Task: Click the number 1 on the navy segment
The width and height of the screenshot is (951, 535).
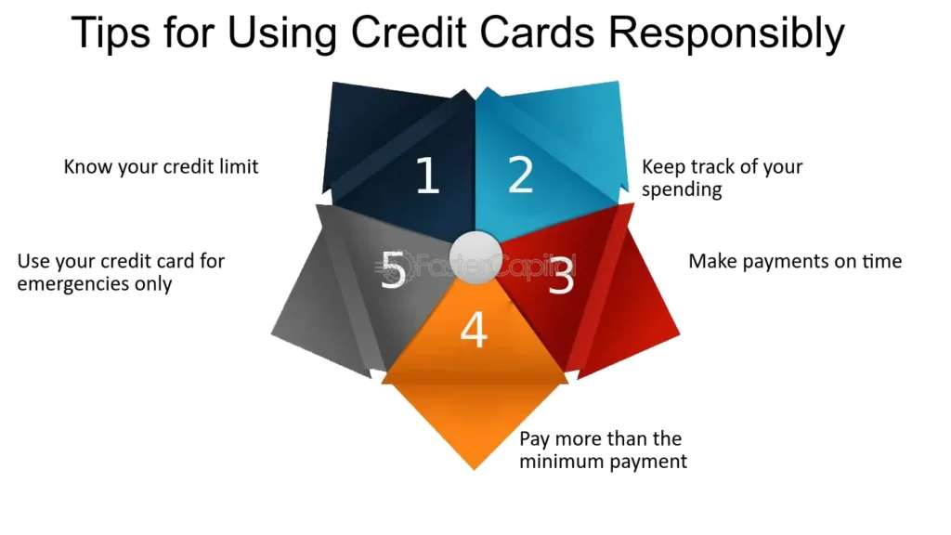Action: tap(427, 176)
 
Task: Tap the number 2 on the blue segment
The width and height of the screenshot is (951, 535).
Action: tap(520, 175)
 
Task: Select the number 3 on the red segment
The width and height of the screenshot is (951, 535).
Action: tap(561, 275)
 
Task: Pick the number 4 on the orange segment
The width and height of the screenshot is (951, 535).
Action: tap(474, 330)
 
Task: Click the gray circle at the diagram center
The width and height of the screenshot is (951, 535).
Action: tap(476, 257)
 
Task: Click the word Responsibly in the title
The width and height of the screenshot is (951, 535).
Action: tap(726, 34)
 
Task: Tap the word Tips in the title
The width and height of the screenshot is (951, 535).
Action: tap(111, 34)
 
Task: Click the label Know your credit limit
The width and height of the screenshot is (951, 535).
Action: tap(161, 167)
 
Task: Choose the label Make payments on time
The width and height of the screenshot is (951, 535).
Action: tap(795, 261)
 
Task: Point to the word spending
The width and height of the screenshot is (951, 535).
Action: tap(682, 189)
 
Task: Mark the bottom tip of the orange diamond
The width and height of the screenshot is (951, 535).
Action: tap(475, 470)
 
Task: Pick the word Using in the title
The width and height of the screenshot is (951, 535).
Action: tap(282, 34)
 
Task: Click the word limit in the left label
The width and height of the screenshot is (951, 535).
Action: tap(239, 167)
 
